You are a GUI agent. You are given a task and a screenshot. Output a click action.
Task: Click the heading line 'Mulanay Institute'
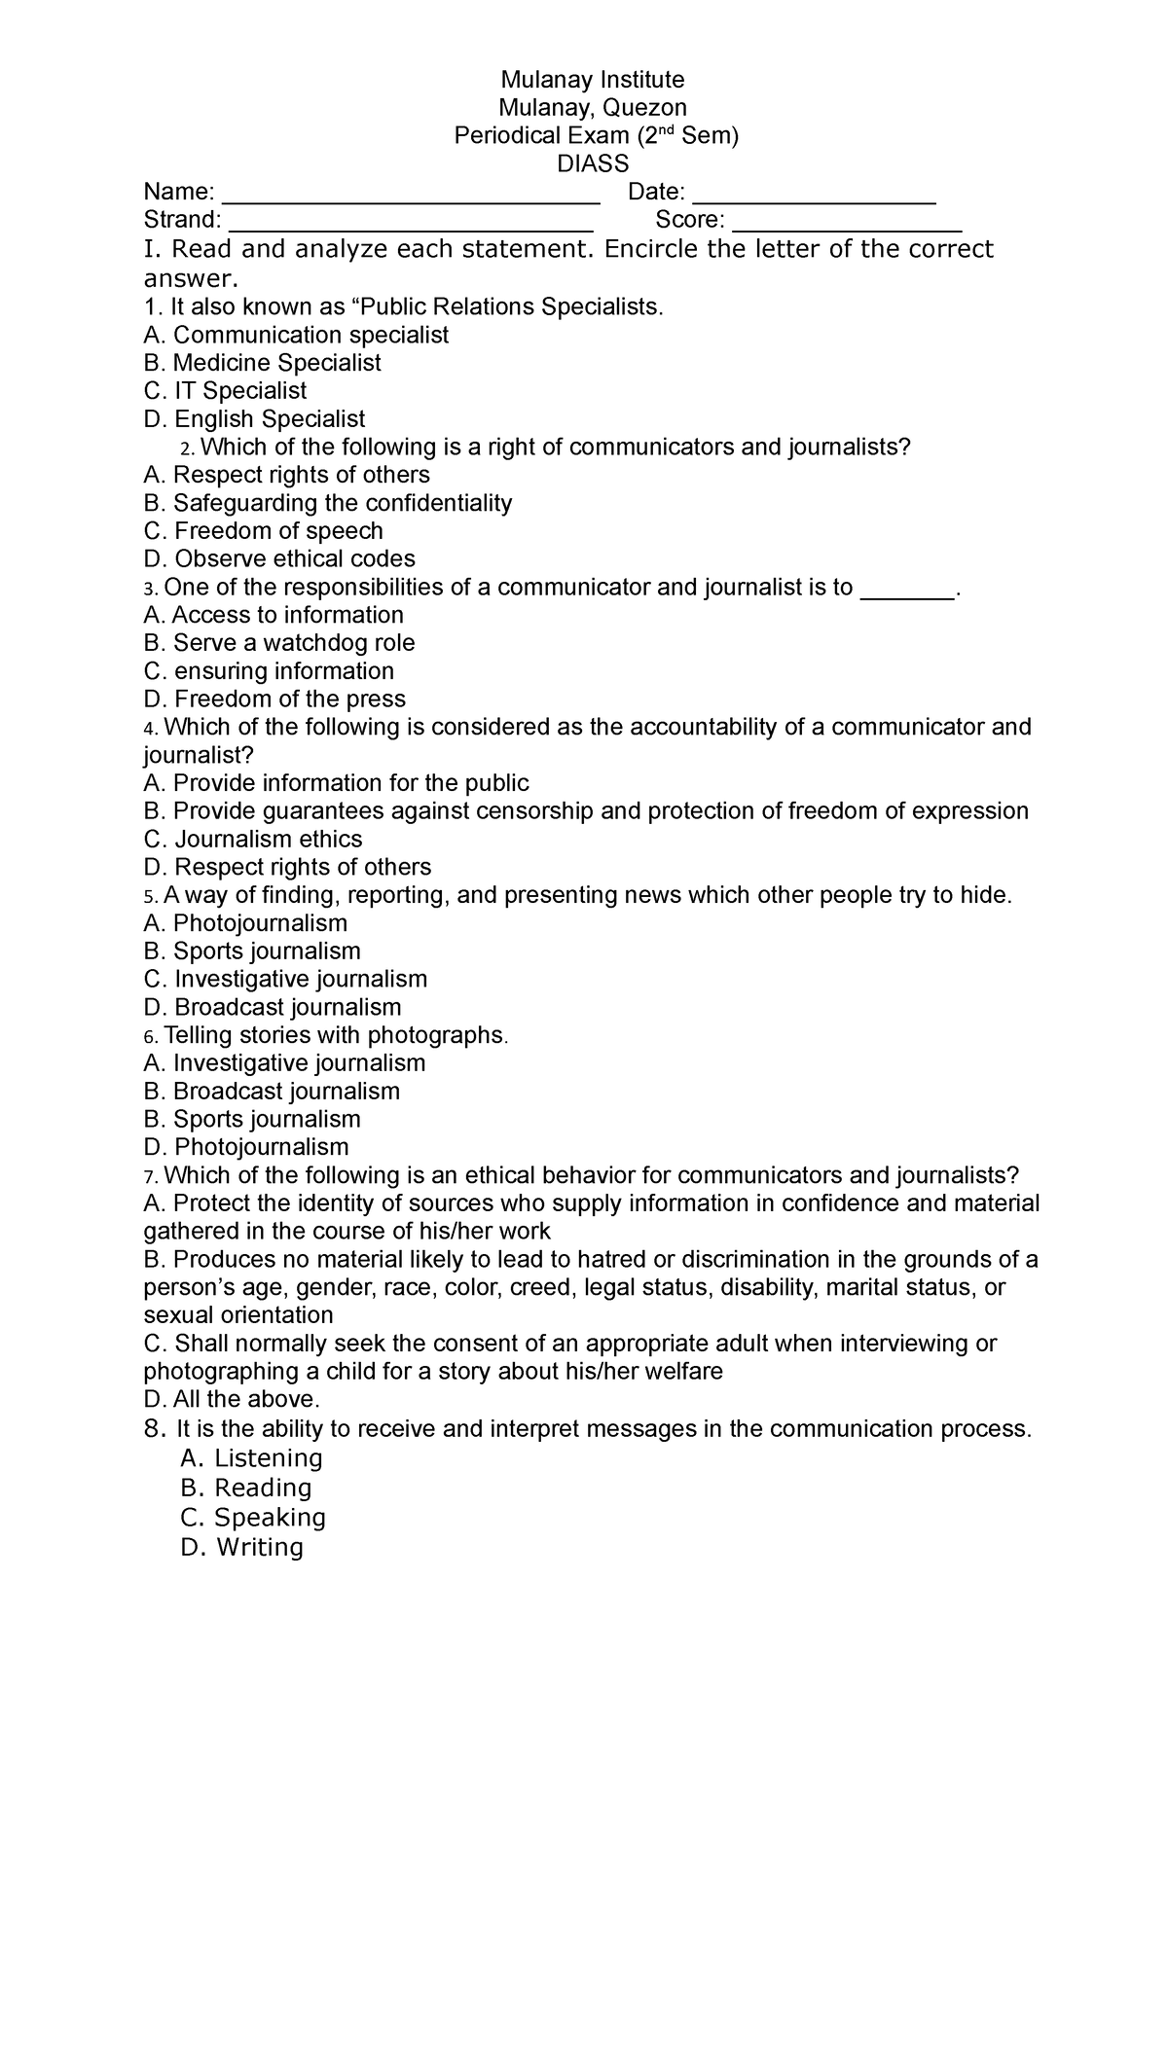[592, 79]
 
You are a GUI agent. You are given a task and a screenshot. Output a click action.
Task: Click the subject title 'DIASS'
[592, 163]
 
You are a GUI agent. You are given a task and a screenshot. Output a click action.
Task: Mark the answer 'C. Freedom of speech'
[263, 531]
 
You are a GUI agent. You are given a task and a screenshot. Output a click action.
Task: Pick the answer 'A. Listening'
[251, 1458]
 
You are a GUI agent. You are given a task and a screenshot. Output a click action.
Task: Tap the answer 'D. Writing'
[241, 1547]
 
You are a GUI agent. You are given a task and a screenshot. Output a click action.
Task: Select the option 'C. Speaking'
[253, 1518]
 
